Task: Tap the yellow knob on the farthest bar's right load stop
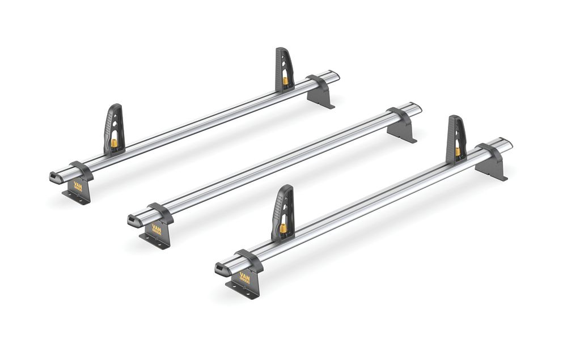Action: (x=285, y=81)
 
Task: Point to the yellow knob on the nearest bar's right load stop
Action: (x=458, y=152)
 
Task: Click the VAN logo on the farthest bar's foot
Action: (x=78, y=186)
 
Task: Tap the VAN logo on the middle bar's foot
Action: (x=156, y=228)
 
